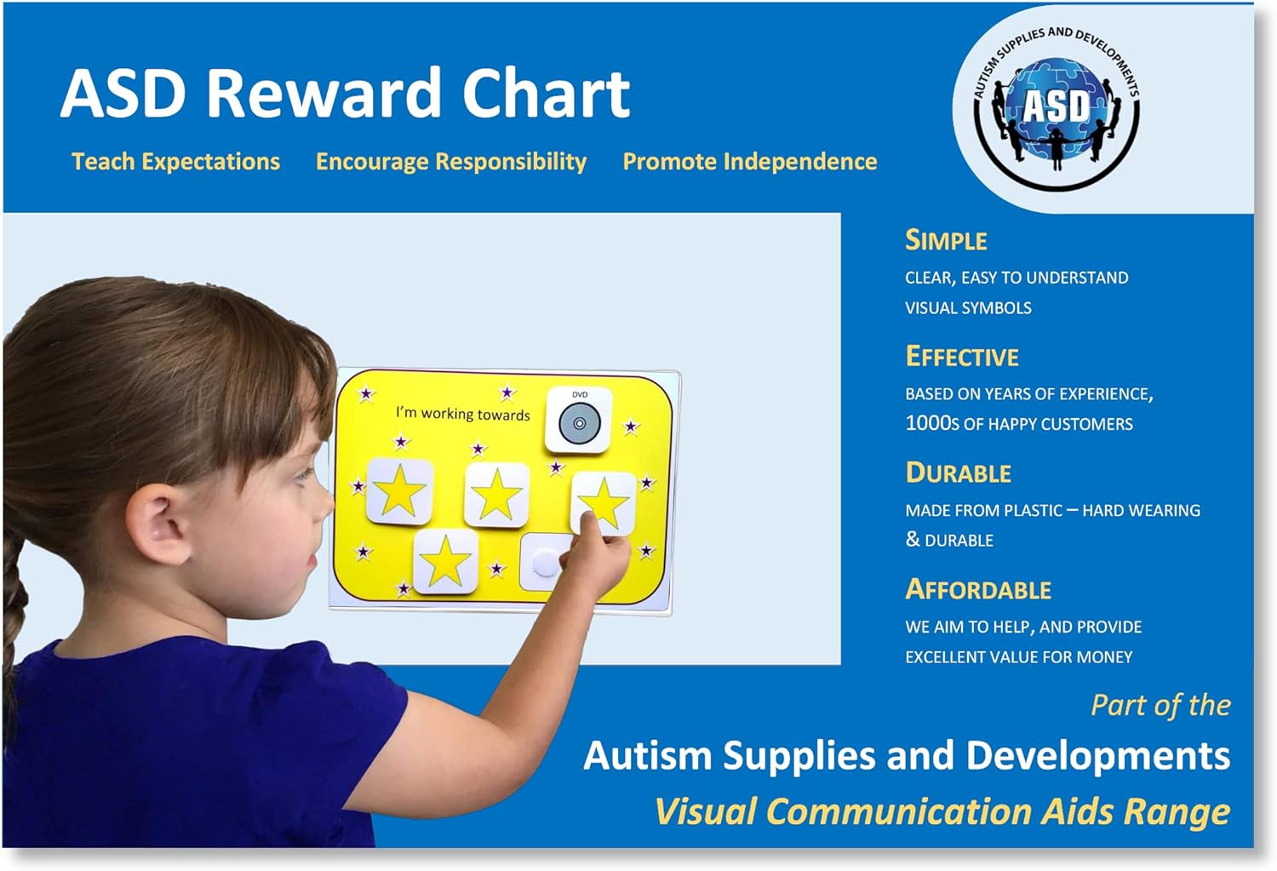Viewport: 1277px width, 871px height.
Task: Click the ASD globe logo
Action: [1056, 108]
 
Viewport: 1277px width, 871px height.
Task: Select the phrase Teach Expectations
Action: [175, 162]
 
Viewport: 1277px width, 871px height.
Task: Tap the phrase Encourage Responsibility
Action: [450, 162]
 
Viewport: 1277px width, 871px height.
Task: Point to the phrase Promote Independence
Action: [749, 162]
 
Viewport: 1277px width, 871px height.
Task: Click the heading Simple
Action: [946, 241]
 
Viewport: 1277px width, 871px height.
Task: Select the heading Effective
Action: [962, 357]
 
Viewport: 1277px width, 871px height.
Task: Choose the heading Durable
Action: [958, 473]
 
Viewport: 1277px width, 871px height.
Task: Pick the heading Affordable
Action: [978, 590]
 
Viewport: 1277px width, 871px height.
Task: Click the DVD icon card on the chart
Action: [579, 421]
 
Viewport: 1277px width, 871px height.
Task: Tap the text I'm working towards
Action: [462, 414]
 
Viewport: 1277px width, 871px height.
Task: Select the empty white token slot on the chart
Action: [545, 562]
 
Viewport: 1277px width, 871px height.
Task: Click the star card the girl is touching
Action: [603, 502]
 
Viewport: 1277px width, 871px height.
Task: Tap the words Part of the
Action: [1160, 705]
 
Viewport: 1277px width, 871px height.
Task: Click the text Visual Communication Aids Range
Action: [942, 811]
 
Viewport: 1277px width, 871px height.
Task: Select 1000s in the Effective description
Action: [931, 423]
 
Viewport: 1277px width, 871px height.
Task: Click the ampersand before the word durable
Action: [913, 540]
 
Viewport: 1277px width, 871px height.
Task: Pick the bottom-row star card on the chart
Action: [445, 562]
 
